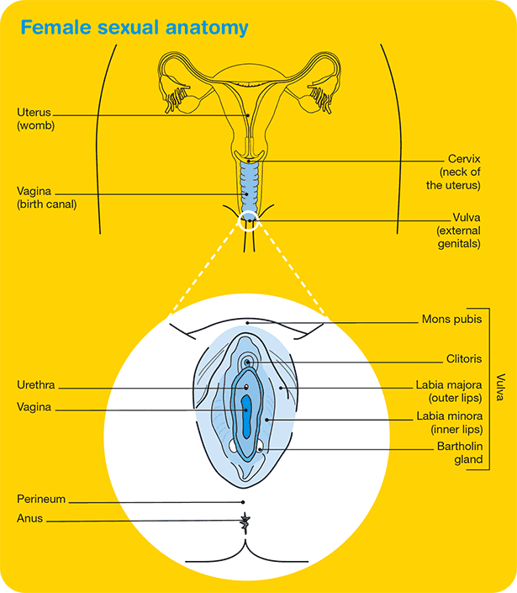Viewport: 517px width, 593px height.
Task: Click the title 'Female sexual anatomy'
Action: click(x=135, y=28)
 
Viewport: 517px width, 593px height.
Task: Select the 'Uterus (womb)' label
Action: click(x=36, y=119)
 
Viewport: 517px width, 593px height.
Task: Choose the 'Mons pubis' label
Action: click(x=451, y=320)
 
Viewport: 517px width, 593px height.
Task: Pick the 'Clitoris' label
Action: click(x=465, y=359)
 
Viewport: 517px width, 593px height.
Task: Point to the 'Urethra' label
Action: click(x=36, y=386)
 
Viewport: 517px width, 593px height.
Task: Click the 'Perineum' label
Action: click(x=41, y=499)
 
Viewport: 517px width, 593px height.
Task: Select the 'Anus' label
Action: click(x=29, y=519)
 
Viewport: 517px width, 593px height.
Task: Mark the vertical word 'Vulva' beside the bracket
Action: click(x=500, y=389)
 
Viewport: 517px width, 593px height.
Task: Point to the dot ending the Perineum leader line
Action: click(x=244, y=501)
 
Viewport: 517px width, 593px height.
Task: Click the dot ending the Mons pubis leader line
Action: click(x=249, y=321)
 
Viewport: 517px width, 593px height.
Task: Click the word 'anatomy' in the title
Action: click(x=208, y=28)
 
